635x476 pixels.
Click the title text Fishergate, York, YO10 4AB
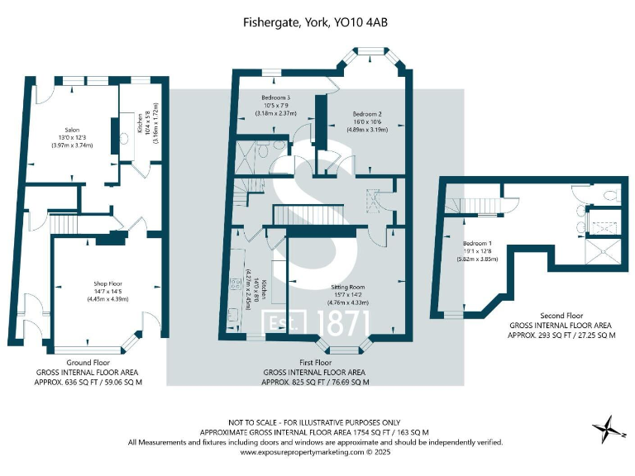tap(317, 25)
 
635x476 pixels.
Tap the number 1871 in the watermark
tap(336, 323)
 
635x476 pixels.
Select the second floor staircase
tap(480, 205)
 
